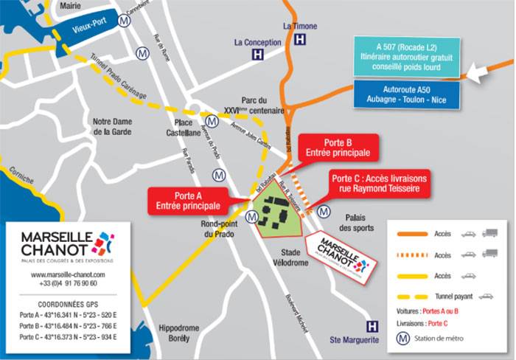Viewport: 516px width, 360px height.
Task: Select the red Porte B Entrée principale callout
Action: click(x=338, y=148)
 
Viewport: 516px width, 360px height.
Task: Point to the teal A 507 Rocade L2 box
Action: click(x=407, y=56)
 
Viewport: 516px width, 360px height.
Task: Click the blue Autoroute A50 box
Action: click(x=407, y=94)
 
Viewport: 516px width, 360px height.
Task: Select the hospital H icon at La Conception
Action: click(x=257, y=55)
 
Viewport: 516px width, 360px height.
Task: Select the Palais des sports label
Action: click(x=361, y=223)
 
